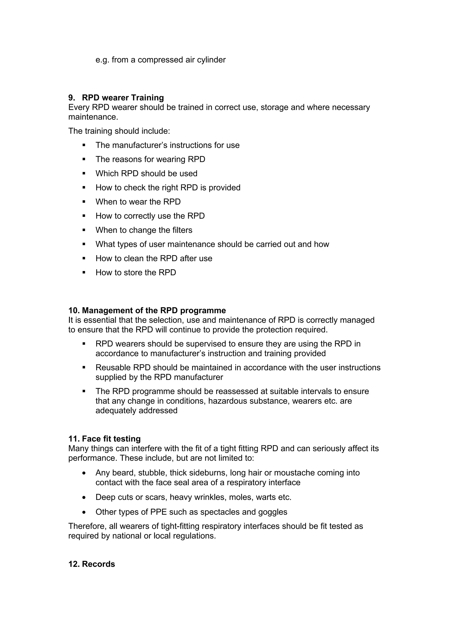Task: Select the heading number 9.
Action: click(71, 98)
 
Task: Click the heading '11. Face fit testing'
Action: click(104, 439)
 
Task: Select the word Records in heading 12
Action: click(98, 564)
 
